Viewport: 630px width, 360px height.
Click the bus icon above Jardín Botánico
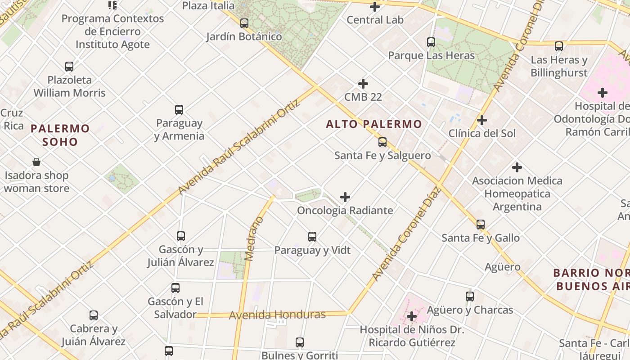pyautogui.click(x=244, y=23)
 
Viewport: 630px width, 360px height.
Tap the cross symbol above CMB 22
pyautogui.click(x=363, y=84)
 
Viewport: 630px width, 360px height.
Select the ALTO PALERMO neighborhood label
pyautogui.click(x=374, y=124)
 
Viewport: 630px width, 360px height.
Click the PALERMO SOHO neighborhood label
pyautogui.click(x=60, y=135)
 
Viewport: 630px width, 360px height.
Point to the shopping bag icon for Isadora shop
pyautogui.click(x=36, y=162)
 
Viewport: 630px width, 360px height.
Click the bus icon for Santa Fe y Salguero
pyautogui.click(x=382, y=142)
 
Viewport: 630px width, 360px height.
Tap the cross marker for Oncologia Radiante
pyautogui.click(x=345, y=197)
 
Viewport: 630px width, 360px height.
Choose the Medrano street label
pyautogui.click(x=253, y=238)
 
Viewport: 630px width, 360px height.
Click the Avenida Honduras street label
pyautogui.click(x=277, y=315)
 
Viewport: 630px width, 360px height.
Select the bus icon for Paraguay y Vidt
pyautogui.click(x=312, y=237)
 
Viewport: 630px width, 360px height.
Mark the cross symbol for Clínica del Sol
pyautogui.click(x=482, y=120)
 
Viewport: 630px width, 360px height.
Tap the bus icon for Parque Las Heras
pyautogui.click(x=431, y=42)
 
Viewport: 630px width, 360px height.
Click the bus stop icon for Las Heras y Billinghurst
pyautogui.click(x=559, y=46)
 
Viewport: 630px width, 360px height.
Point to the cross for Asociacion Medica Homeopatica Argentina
pyautogui.click(x=517, y=167)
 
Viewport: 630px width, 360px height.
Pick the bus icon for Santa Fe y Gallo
pyautogui.click(x=481, y=225)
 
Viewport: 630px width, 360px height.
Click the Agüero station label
pyautogui.click(x=503, y=267)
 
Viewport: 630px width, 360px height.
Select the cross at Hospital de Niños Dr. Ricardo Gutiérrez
pyautogui.click(x=411, y=317)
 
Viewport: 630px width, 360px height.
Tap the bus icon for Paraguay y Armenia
pyautogui.click(x=179, y=110)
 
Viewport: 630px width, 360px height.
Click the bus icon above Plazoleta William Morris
pyautogui.click(x=69, y=67)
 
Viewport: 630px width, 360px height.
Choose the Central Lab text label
pyautogui.click(x=375, y=20)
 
